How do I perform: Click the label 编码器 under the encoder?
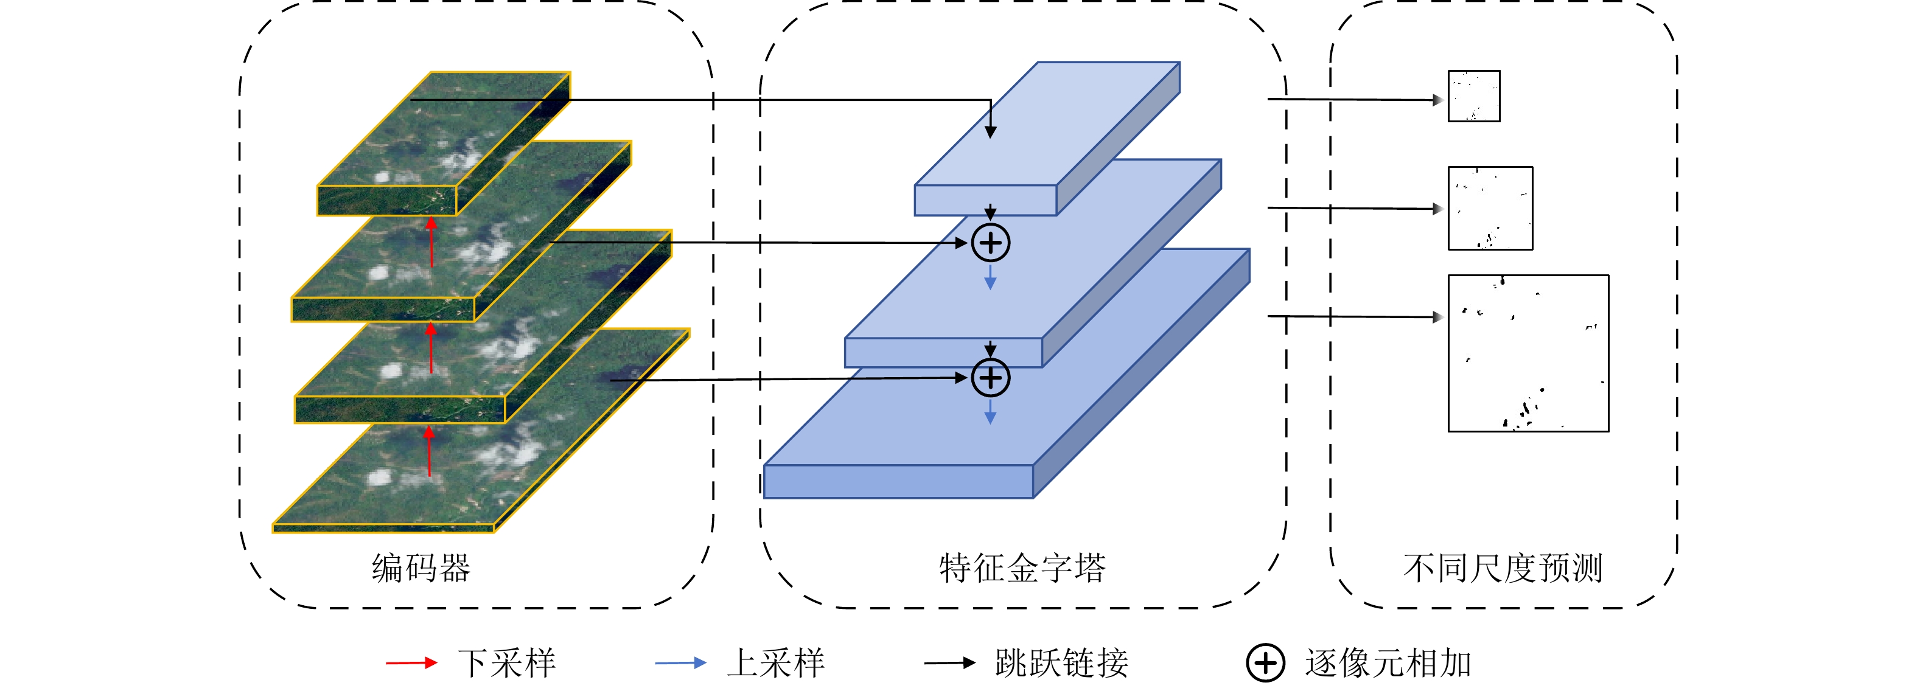point(421,568)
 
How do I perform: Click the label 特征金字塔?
point(1022,568)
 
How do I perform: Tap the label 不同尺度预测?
point(1503,568)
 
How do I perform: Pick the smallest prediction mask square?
point(1473,96)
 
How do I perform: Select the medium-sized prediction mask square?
point(1490,208)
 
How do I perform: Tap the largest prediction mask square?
point(1528,353)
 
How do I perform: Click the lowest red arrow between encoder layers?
point(430,451)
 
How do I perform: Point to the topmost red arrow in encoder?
point(431,241)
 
